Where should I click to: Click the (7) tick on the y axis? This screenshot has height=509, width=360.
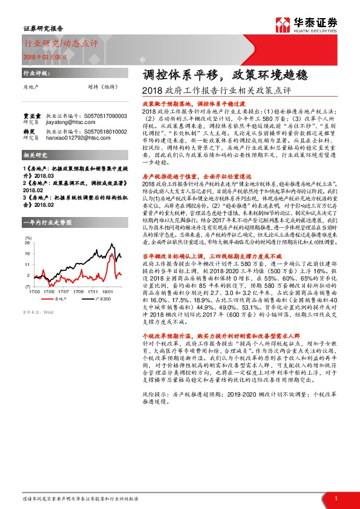[x=28, y=286]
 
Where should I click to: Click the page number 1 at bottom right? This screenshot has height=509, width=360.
[x=336, y=498]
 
